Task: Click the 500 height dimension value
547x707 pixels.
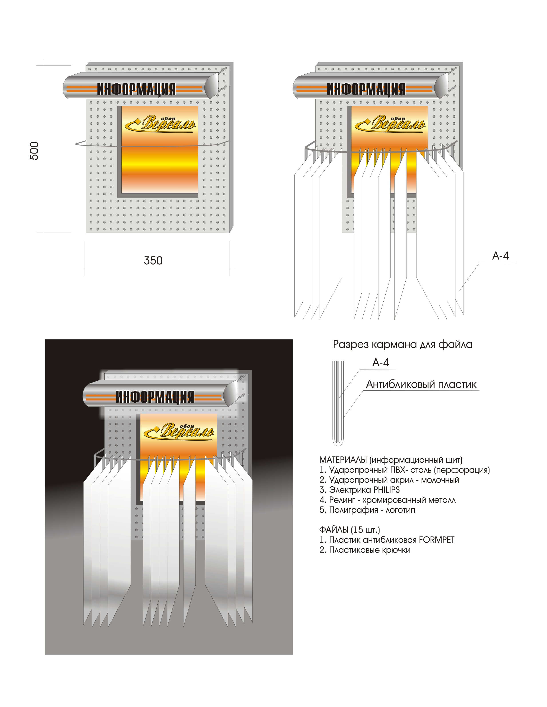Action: click(34, 150)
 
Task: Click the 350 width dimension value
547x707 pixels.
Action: click(153, 261)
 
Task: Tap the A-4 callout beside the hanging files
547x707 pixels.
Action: click(500, 256)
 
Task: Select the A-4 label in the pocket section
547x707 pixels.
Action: click(381, 363)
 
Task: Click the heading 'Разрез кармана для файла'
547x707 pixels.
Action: click(402, 344)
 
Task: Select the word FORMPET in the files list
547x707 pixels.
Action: click(436, 540)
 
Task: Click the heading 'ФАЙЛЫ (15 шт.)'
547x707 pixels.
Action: click(349, 530)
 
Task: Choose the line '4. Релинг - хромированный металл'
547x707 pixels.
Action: click(387, 500)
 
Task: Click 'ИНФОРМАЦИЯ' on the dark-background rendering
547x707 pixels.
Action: click(155, 397)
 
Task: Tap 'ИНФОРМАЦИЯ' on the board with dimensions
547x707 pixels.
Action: click(136, 89)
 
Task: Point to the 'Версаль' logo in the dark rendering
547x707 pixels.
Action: click(180, 431)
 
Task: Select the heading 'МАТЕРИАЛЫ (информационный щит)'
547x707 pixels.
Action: click(391, 460)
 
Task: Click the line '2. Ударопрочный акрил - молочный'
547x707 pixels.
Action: click(389, 480)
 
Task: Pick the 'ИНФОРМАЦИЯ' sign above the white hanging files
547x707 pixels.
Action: click(366, 89)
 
